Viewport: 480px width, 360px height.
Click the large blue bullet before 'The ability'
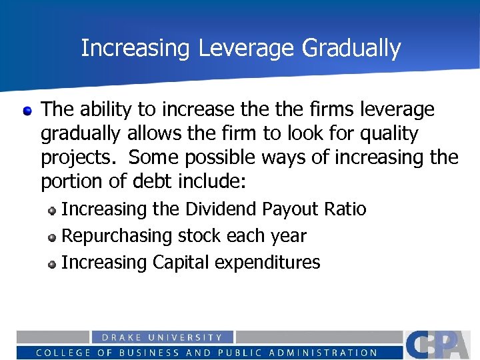pyautogui.click(x=27, y=109)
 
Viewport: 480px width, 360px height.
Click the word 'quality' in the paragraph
pyautogui.click(x=389, y=133)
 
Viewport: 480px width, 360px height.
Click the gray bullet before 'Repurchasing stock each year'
pyautogui.click(x=52, y=237)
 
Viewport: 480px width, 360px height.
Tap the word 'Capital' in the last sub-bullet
pyautogui.click(x=180, y=263)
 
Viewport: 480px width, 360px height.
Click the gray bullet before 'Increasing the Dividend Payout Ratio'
pyautogui.click(x=52, y=210)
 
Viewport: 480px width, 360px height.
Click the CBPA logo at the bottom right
pyautogui.click(x=440, y=345)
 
